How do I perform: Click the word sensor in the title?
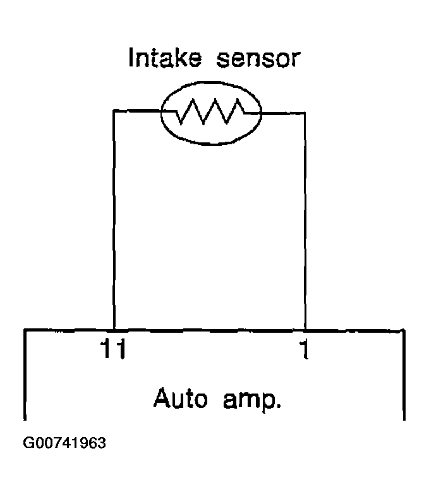coord(258,59)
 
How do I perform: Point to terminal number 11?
coord(113,349)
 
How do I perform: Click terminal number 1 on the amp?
coord(305,349)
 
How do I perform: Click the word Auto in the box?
coord(181,398)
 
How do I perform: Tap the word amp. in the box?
coord(251,400)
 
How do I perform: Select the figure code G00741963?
coord(64,443)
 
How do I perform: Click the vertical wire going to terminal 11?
coord(114,220)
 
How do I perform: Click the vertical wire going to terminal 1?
coord(305,221)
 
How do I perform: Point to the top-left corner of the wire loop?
coord(114,110)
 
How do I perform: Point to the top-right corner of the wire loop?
coord(305,113)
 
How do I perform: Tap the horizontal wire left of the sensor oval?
coord(138,110)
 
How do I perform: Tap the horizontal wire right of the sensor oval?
coord(283,113)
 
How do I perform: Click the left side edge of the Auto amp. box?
coord(25,375)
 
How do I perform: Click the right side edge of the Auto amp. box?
coord(404,375)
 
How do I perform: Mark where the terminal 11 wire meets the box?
coord(114,330)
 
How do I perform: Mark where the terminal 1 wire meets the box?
coord(305,330)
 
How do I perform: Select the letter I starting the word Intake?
coord(131,57)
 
